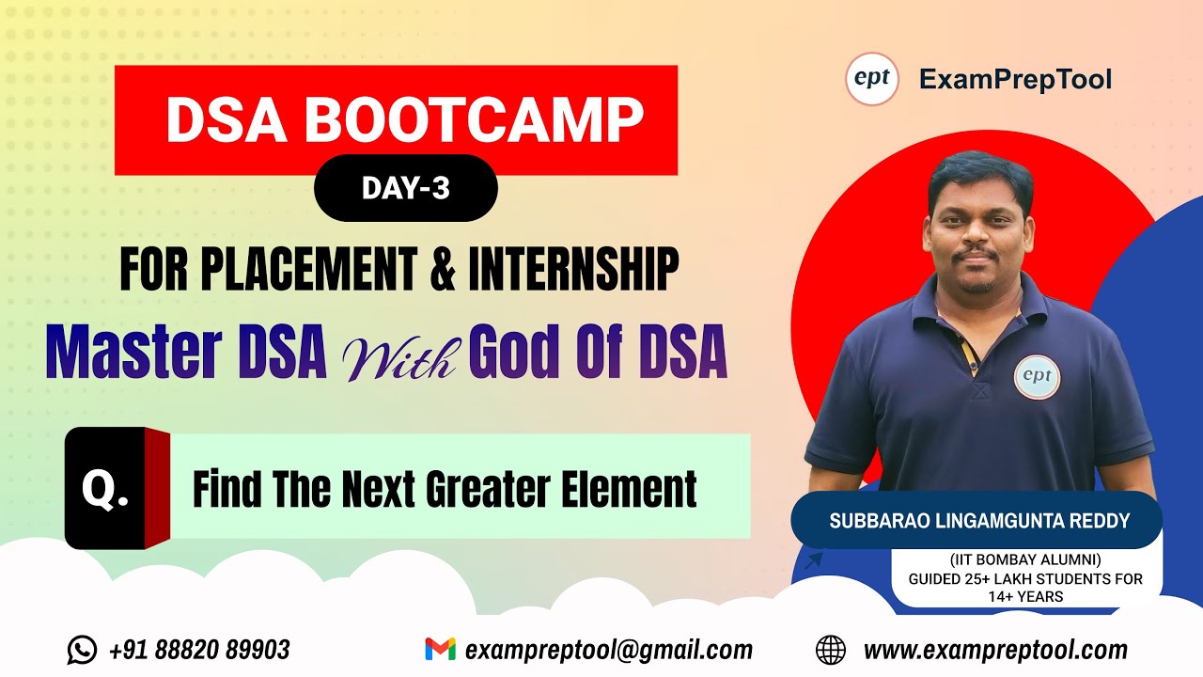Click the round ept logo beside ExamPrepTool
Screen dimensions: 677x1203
click(872, 79)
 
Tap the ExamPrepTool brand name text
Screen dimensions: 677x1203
click(1015, 80)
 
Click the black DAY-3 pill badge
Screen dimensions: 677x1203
click(405, 188)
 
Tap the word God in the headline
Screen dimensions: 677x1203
click(521, 354)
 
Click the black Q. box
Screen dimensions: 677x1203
click(105, 489)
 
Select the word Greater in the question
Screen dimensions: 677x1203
click(487, 489)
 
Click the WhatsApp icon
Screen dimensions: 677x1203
click(82, 650)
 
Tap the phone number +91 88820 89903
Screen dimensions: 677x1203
click(199, 650)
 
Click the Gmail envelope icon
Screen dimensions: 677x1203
click(440, 650)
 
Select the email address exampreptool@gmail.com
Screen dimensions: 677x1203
click(608, 650)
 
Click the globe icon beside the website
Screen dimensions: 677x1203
click(831, 650)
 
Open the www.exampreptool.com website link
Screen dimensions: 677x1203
click(995, 650)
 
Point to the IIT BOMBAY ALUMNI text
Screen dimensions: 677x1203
click(1026, 560)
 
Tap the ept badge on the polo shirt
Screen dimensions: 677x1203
click(1038, 378)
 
